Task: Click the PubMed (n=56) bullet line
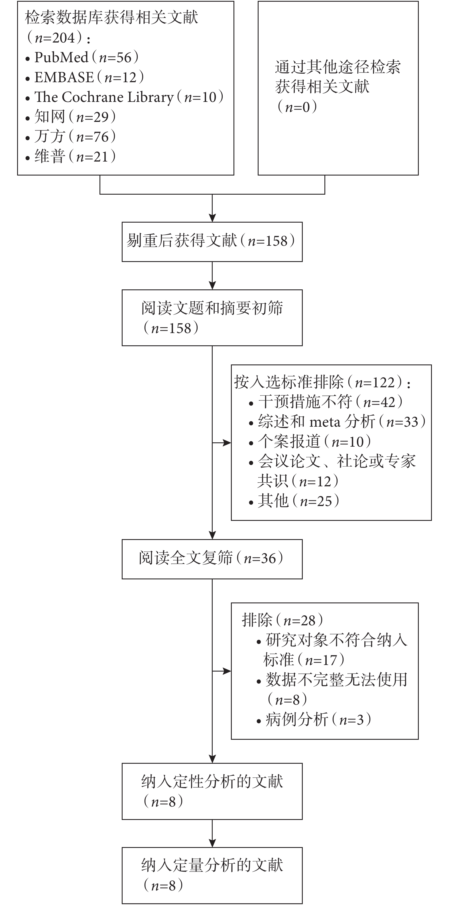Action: (82, 58)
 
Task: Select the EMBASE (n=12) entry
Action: (85, 77)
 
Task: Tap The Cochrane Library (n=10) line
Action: (125, 97)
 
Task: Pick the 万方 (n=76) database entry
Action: (71, 137)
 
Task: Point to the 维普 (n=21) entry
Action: (71, 156)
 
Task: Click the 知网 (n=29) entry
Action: (71, 117)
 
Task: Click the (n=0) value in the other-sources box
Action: (297, 107)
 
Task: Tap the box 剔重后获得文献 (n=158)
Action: (212, 242)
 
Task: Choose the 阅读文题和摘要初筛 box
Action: (212, 318)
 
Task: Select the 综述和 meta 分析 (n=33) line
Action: (337, 422)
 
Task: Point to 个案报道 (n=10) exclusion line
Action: (310, 442)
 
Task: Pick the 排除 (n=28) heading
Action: (283, 620)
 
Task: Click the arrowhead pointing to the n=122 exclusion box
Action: (227, 443)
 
